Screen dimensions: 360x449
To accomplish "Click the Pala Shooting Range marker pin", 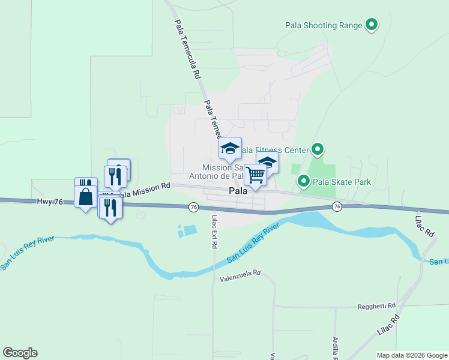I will click(372, 25).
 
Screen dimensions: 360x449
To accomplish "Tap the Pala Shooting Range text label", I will click(324, 25).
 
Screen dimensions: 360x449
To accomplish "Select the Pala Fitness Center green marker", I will click(318, 149).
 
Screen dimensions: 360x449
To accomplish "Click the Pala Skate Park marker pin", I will click(304, 181).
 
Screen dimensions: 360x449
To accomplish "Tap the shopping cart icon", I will click(255, 176).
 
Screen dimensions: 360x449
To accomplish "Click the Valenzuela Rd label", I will click(240, 273).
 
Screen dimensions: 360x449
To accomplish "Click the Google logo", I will click(20, 353).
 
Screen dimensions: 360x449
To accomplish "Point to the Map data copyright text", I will click(412, 355).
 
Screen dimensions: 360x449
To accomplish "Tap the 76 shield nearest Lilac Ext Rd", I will click(193, 207).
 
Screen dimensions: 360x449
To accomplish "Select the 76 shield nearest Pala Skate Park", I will click(337, 206).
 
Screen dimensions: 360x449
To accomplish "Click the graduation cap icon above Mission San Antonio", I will click(230, 148).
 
